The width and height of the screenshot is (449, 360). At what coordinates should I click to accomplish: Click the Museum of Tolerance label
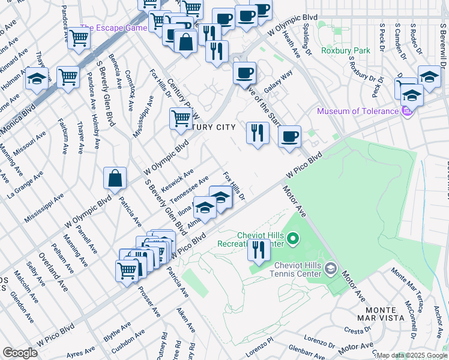tap(357, 111)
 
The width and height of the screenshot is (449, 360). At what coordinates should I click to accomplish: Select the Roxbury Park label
tap(345, 51)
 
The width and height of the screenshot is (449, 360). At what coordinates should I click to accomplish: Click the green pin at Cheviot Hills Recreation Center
tap(293, 240)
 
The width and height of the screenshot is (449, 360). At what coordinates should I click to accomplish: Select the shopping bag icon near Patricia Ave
tap(115, 178)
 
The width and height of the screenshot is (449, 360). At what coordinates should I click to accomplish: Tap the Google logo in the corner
tap(20, 353)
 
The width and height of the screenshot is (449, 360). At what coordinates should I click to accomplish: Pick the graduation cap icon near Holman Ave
tap(37, 79)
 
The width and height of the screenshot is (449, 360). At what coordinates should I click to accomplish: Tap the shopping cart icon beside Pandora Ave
tap(68, 76)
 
